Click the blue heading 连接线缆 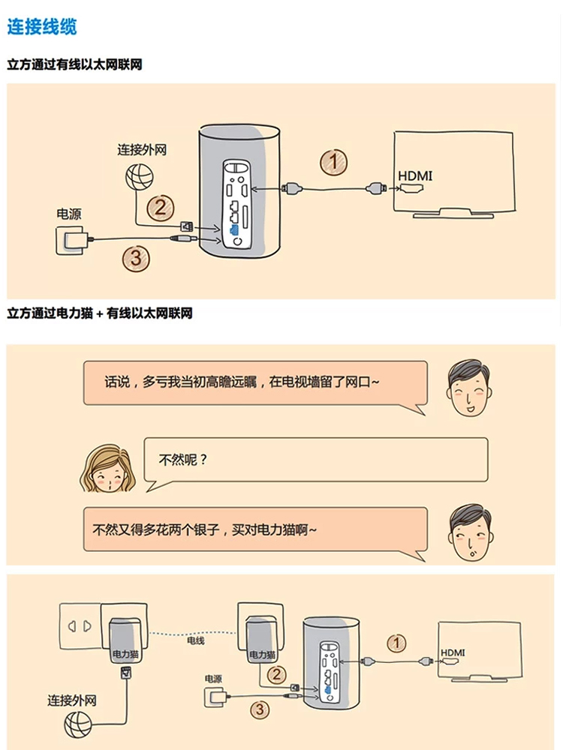[x=41, y=28]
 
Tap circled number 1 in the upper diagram [x=334, y=161]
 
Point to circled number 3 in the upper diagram [x=136, y=259]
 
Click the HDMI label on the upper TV [x=415, y=175]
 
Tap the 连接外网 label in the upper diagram [x=141, y=149]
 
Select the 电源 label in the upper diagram [x=69, y=214]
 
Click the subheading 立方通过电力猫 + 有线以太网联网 [x=100, y=313]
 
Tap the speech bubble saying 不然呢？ [x=315, y=460]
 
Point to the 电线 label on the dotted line [x=195, y=641]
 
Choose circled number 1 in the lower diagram [x=396, y=643]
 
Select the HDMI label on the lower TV [x=453, y=652]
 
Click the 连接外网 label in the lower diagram [x=72, y=700]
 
